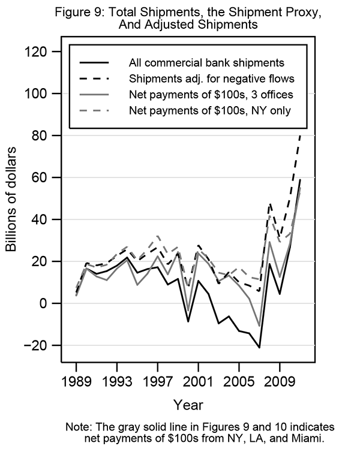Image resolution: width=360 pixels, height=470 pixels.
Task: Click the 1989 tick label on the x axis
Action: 77,380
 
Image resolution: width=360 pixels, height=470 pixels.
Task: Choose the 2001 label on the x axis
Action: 199,380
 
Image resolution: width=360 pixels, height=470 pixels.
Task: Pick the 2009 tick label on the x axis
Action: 280,380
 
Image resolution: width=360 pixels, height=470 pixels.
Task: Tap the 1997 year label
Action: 158,380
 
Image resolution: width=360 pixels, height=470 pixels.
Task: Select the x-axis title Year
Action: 188,403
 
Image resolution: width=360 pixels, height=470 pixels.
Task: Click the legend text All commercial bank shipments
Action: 206,62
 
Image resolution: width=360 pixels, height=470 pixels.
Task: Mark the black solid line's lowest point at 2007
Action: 259,348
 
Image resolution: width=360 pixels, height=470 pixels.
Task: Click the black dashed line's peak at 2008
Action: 269,204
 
